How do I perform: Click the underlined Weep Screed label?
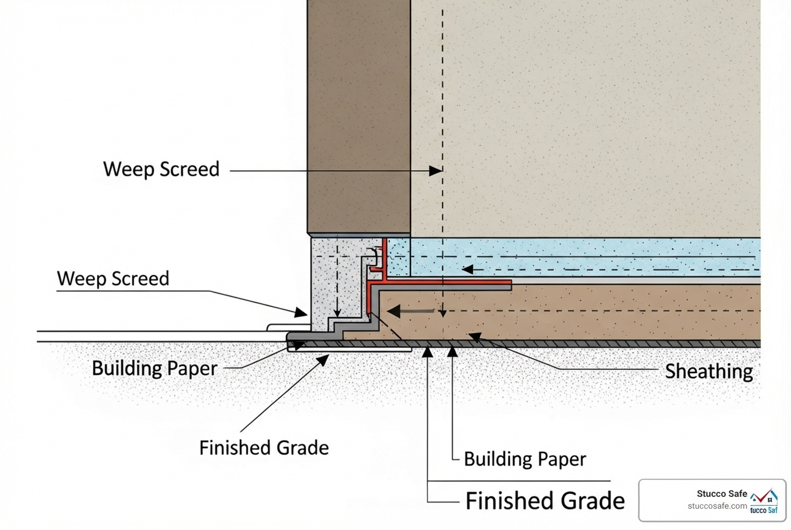(x=113, y=279)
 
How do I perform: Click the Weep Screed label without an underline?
(x=161, y=169)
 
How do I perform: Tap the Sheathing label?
(x=708, y=371)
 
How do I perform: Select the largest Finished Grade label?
(x=545, y=501)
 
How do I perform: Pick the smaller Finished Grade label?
(x=264, y=448)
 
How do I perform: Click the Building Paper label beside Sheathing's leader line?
(x=524, y=460)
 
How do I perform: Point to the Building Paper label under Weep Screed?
(x=154, y=368)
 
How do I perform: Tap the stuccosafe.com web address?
(x=717, y=506)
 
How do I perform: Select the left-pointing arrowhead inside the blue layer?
(x=467, y=269)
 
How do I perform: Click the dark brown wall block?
(x=359, y=116)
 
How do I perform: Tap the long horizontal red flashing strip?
(x=447, y=284)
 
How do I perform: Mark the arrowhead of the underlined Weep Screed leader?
(x=302, y=312)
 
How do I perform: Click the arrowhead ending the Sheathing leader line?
(x=475, y=337)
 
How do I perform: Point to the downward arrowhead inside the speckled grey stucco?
(x=337, y=312)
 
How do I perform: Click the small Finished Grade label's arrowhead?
(x=324, y=359)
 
